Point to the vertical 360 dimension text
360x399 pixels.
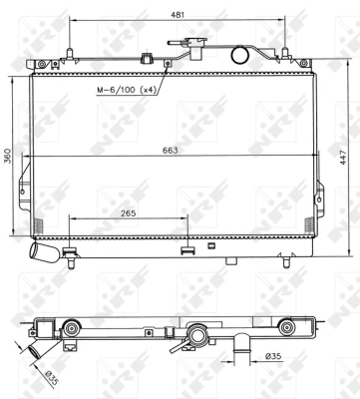coord(8,157)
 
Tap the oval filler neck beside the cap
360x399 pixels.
coord(239,55)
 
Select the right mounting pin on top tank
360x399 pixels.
coord(284,53)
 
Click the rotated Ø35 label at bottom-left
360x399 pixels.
coord(25,377)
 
